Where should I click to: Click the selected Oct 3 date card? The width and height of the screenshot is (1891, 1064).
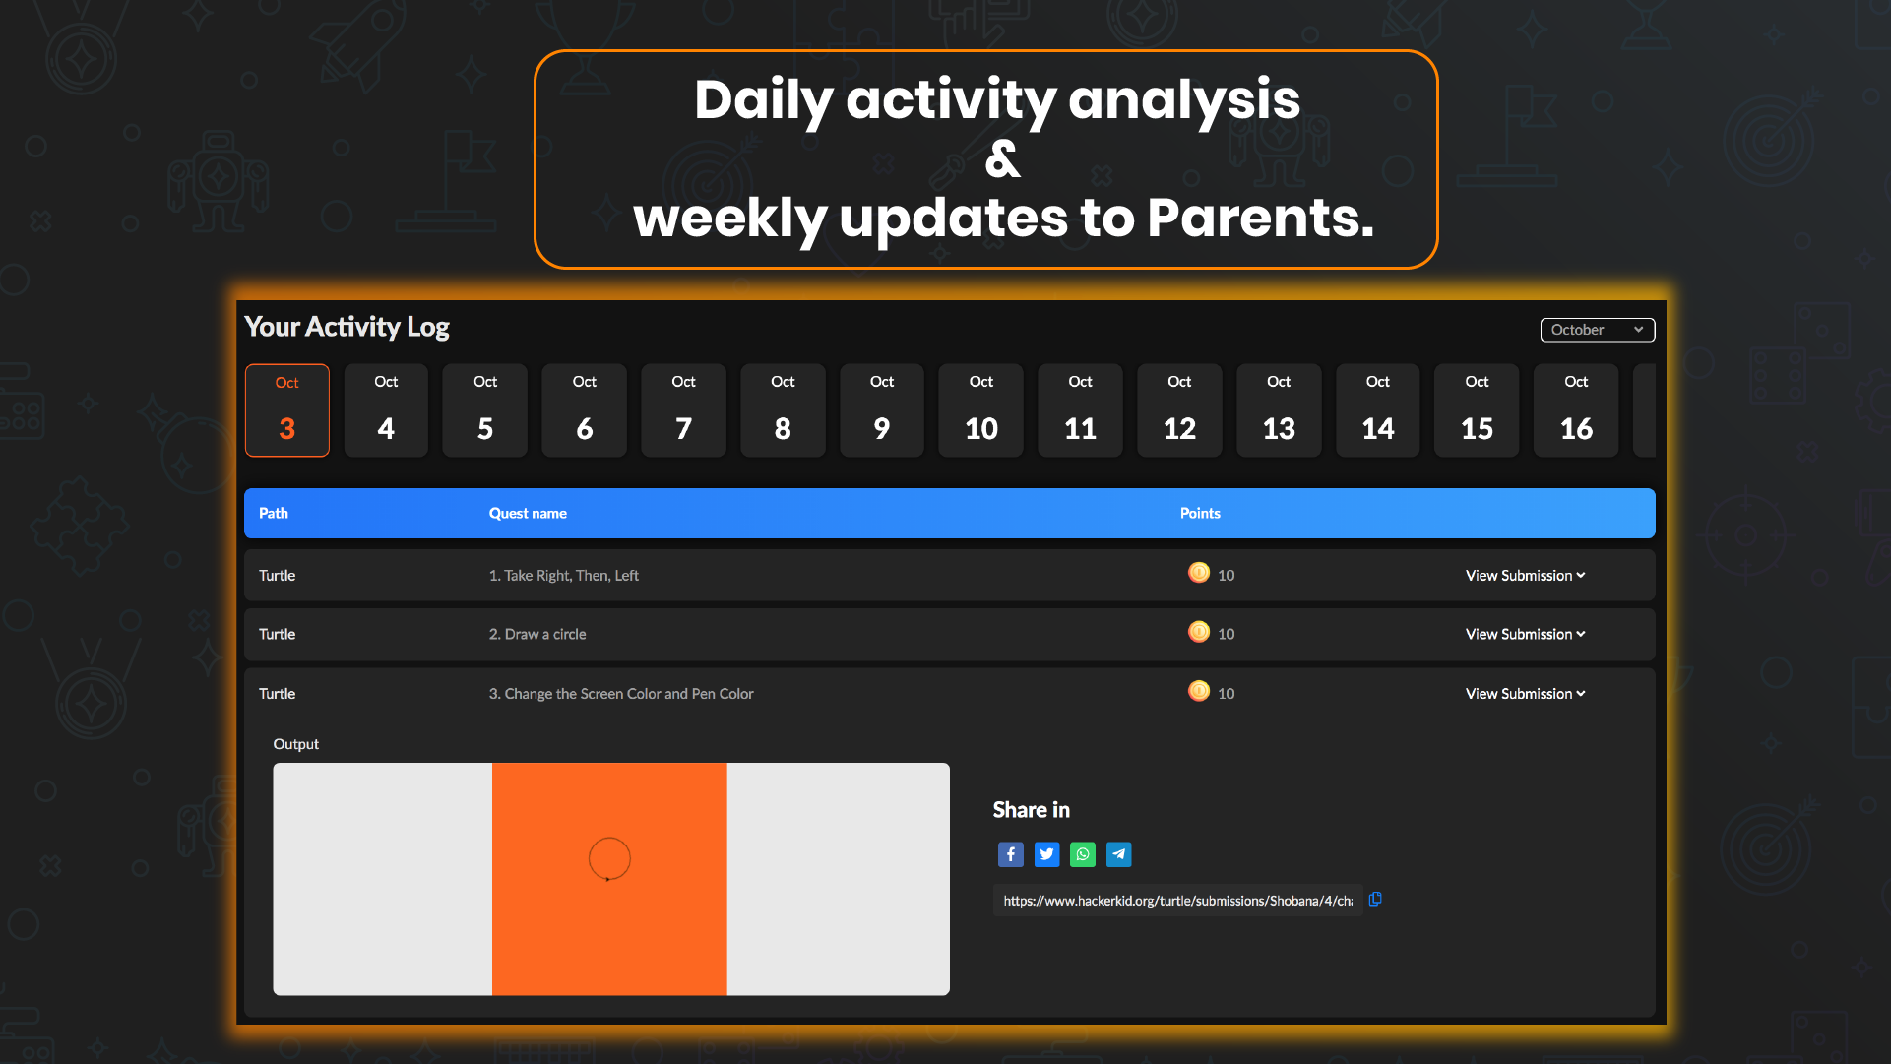[287, 410]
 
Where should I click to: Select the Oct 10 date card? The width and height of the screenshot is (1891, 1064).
[981, 410]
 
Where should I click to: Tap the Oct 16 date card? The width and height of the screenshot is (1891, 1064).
[1576, 410]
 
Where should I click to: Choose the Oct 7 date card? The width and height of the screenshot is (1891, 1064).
[683, 410]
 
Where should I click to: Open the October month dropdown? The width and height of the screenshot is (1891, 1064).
[1597, 330]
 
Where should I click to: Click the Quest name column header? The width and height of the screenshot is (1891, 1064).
[528, 513]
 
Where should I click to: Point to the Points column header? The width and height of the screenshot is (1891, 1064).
[1200, 513]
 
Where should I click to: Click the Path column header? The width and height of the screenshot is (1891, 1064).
[274, 513]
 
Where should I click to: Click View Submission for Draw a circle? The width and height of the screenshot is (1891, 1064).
[1525, 634]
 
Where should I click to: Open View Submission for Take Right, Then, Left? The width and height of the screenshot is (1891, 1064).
[1525, 575]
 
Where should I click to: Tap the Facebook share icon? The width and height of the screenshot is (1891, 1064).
[1010, 854]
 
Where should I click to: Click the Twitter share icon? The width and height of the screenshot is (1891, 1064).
[1046, 854]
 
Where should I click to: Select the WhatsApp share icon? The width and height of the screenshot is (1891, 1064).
[1083, 854]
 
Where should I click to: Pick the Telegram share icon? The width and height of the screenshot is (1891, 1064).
[1118, 854]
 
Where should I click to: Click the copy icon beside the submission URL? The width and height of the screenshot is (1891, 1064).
[1375, 899]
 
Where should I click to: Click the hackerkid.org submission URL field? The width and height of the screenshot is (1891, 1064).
[1177, 901]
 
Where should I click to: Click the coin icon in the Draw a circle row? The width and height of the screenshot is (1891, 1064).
[1199, 632]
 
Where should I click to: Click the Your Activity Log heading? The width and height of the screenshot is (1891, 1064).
[347, 327]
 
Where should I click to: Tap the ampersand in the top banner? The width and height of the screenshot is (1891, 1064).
[1003, 158]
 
